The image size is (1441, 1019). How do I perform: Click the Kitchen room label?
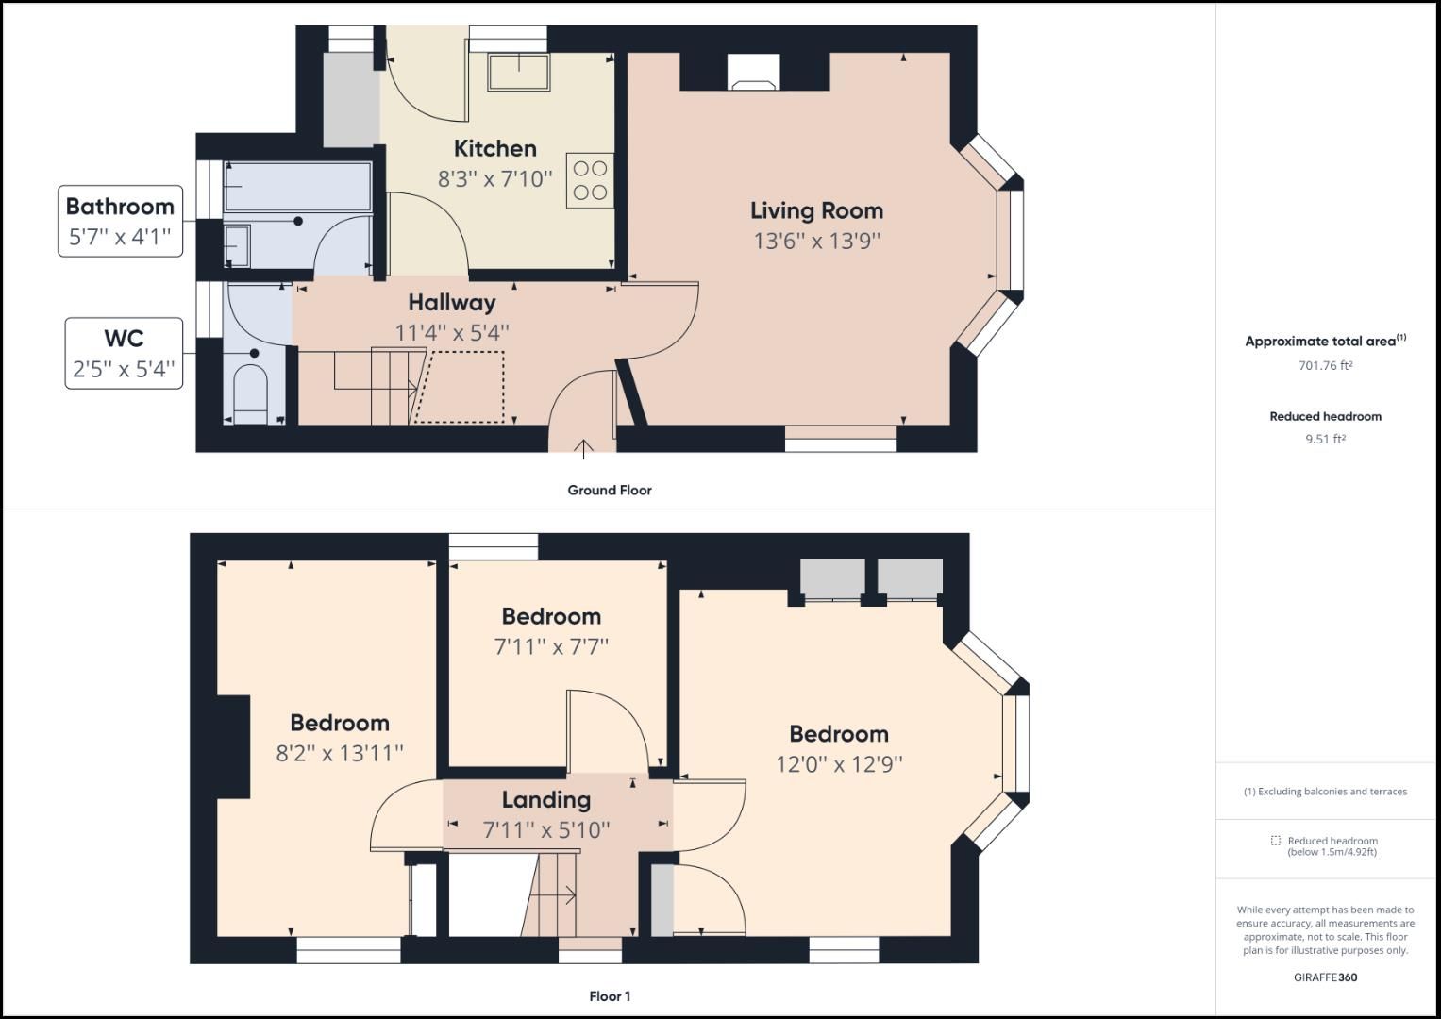pos(494,148)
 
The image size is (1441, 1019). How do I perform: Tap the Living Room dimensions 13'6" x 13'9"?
pos(816,241)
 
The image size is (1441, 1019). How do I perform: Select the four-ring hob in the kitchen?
pos(590,180)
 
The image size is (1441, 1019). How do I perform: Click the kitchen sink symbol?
pos(518,72)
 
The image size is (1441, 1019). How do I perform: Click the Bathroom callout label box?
pos(120,221)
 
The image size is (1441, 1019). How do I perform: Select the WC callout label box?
pos(124,353)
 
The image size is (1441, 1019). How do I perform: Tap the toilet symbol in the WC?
pos(250,395)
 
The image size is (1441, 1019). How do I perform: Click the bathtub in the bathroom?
pos(296,186)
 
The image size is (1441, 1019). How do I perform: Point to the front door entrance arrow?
pos(583,448)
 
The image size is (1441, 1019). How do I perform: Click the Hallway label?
pos(451,303)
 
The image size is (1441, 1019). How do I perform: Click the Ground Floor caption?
pos(609,490)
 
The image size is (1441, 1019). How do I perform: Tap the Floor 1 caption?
pos(609,996)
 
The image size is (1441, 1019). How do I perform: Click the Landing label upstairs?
pos(545,800)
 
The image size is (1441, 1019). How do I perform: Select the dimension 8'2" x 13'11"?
pos(339,753)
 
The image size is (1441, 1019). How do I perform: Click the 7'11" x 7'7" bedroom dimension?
pos(551,646)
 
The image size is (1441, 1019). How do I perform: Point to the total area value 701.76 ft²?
pos(1325,366)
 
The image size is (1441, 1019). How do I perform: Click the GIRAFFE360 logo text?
pos(1325,977)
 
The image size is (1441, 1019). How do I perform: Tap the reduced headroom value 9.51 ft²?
pos(1325,439)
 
